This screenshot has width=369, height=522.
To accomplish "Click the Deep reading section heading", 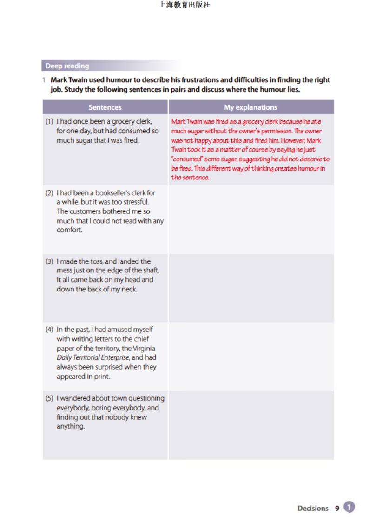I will tap(67, 66).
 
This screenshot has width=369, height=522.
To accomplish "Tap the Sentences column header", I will tap(105, 107).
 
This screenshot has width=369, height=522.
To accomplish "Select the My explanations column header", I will tap(250, 107).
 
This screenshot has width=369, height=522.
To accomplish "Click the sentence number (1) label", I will tap(49, 121).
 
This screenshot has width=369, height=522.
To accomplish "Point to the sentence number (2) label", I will tap(49, 192).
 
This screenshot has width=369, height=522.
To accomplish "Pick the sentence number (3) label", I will tap(49, 261).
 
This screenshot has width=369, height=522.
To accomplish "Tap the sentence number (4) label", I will tap(49, 330).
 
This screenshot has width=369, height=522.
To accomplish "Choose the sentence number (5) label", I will tap(49, 398).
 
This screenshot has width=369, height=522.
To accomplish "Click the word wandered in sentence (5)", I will tap(75, 398).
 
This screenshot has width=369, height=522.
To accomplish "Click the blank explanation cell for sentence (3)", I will tap(250, 288).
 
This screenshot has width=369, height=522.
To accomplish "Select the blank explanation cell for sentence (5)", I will tap(250, 425).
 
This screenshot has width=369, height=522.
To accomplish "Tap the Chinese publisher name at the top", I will tap(184, 6).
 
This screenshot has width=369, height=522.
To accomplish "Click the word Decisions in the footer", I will tap(313, 508).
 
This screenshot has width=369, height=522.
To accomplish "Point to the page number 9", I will tap(337, 508).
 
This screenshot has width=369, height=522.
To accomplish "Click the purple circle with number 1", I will tap(349, 507).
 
